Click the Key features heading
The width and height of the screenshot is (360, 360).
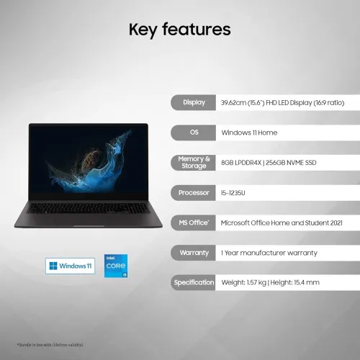[x=179, y=30]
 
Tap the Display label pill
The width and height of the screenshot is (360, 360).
[x=194, y=103]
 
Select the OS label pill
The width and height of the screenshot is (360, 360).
[x=194, y=132]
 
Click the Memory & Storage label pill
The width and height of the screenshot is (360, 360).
[x=194, y=163]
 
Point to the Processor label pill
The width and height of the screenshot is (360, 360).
[x=194, y=193]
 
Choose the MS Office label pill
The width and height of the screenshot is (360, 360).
[x=194, y=223]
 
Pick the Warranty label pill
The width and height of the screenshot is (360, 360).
[x=194, y=253]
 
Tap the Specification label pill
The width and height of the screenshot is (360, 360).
[x=194, y=283]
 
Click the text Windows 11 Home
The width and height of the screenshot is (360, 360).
[x=249, y=132]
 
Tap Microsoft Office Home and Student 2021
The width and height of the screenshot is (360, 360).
[x=282, y=223]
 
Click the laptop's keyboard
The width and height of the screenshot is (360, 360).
[x=88, y=207]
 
